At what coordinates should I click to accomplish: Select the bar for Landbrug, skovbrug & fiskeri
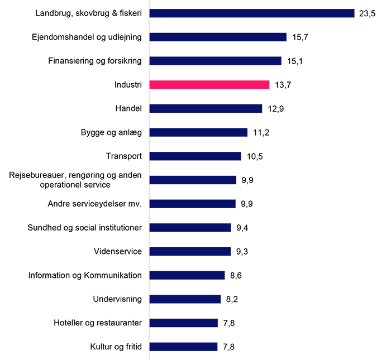click(x=252, y=13)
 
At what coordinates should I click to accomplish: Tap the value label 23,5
click(x=367, y=13)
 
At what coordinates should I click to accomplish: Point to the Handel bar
click(x=206, y=108)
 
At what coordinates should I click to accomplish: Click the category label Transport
click(x=123, y=156)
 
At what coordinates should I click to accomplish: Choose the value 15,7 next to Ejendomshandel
click(x=299, y=37)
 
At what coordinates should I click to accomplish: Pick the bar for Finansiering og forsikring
click(x=215, y=61)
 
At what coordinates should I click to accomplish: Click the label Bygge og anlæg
click(x=111, y=132)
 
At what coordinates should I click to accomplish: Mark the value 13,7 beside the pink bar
click(x=283, y=85)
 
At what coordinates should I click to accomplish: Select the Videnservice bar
click(x=190, y=251)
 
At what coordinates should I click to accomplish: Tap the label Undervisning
click(x=117, y=299)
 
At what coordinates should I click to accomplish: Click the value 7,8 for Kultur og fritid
click(x=228, y=347)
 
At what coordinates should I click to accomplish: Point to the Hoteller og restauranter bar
click(x=183, y=323)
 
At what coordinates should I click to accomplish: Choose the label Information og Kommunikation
click(x=85, y=275)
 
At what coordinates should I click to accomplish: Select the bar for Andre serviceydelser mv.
click(x=193, y=204)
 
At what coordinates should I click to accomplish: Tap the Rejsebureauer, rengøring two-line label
click(x=75, y=180)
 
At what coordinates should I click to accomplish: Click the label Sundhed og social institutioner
click(x=84, y=228)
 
